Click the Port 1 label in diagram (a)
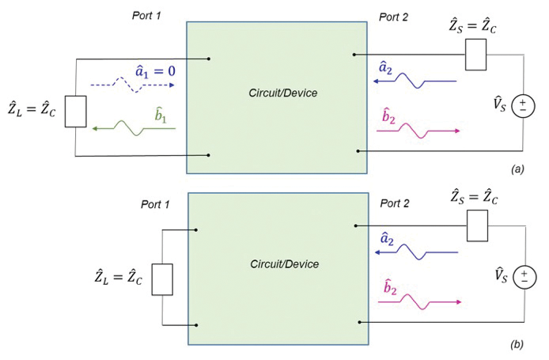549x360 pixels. [150, 15]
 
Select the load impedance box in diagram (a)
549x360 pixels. [74, 112]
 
